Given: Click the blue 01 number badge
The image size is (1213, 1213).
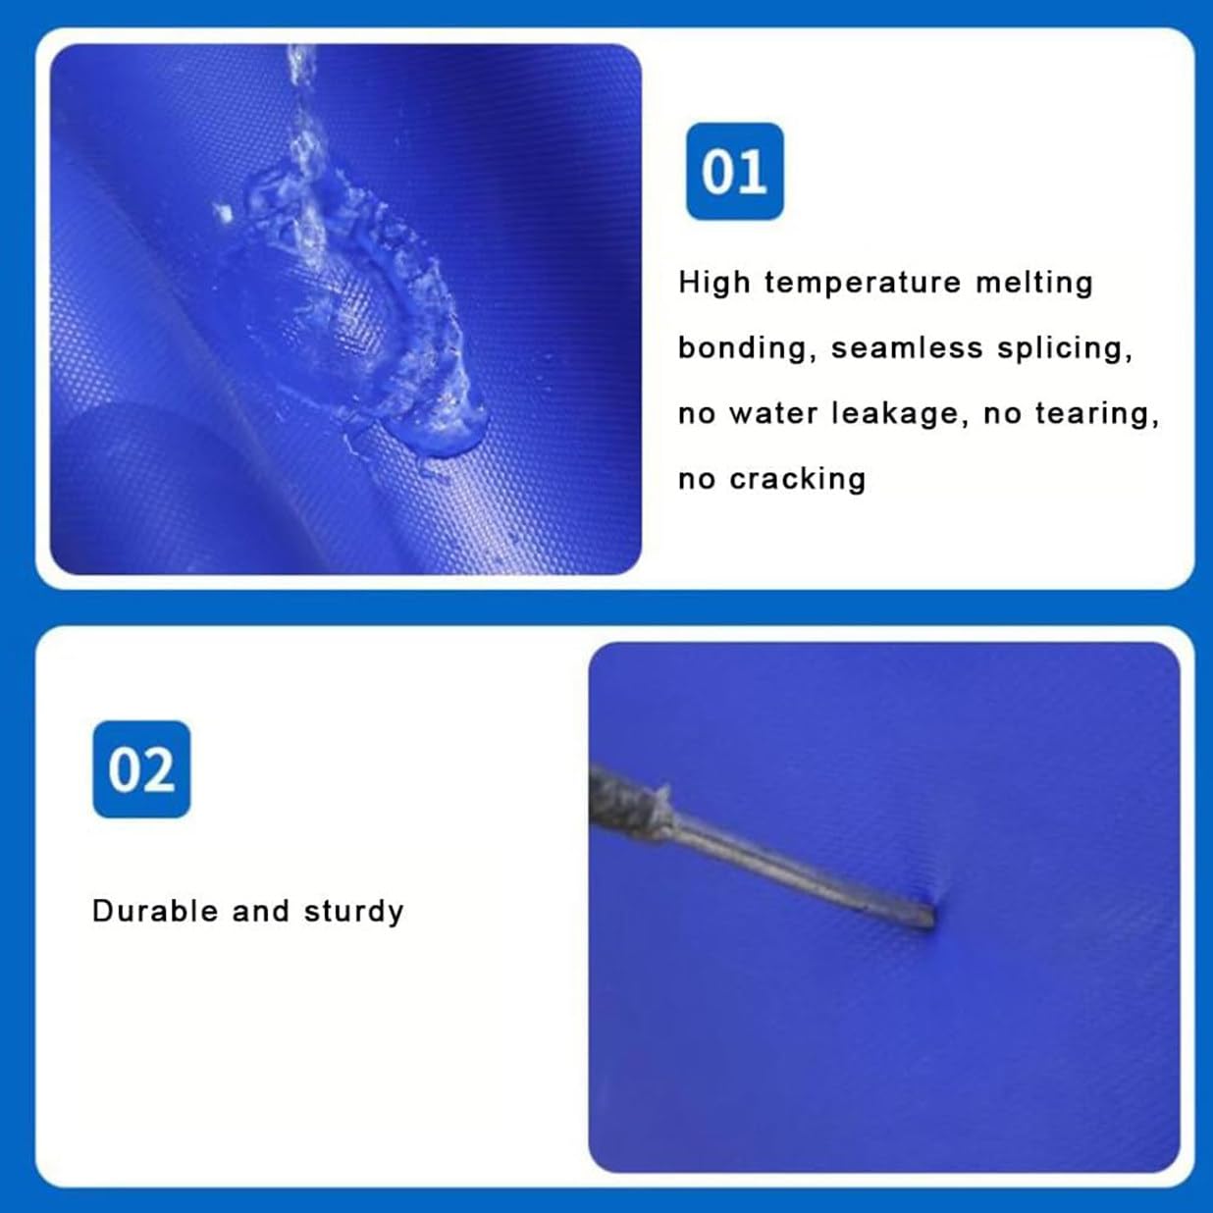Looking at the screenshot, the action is tap(735, 171).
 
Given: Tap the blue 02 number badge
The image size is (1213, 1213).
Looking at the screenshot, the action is tap(141, 769).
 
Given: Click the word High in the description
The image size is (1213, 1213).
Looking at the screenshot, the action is tap(714, 283).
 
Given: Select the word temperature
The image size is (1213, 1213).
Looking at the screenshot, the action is tap(863, 284).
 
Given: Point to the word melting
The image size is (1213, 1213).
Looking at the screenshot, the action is tap(1034, 283).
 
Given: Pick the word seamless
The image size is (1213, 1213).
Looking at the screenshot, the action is tap(907, 348).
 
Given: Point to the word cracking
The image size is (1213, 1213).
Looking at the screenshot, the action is tap(798, 480).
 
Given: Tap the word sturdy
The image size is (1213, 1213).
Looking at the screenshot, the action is tap(353, 912).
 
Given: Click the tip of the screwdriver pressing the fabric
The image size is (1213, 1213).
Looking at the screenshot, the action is tap(932, 919).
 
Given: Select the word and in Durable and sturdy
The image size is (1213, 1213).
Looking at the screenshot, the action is tap(261, 911).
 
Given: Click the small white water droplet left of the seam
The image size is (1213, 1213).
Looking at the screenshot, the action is tap(223, 213).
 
